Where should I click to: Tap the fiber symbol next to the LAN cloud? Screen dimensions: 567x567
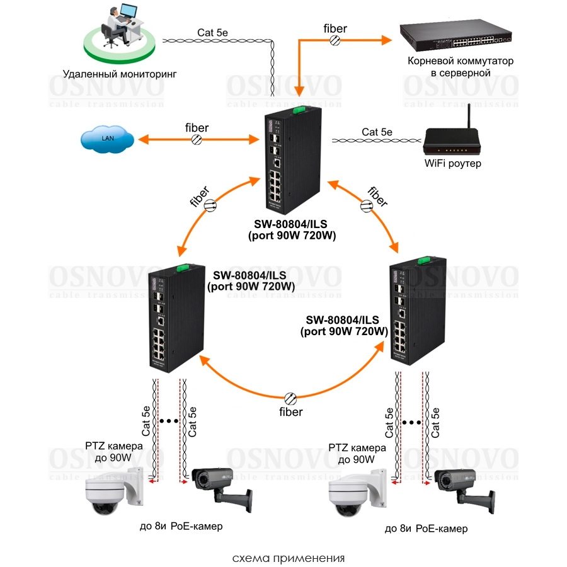tap(197, 139)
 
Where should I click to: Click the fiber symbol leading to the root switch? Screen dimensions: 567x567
tap(335, 40)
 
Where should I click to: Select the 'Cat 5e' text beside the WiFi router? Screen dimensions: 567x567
tap(377, 132)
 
